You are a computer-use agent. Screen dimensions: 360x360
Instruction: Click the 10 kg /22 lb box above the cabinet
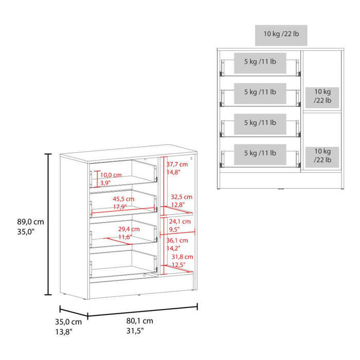coord(281,35)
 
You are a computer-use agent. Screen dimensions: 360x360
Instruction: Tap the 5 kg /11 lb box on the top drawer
coord(260,63)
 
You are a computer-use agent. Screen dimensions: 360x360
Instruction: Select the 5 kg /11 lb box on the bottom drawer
coord(260,154)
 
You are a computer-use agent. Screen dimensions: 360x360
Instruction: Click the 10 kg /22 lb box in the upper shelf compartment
coord(322,98)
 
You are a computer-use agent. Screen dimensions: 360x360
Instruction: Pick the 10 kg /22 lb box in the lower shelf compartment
coord(322,157)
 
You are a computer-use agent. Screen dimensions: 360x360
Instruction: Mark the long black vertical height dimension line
coord(48,224)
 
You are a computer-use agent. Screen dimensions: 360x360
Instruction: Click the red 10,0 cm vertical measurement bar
coord(97,179)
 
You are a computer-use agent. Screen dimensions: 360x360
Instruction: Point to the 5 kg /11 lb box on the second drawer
coord(260,94)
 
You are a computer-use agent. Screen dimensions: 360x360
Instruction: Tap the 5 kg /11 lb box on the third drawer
coord(260,124)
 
